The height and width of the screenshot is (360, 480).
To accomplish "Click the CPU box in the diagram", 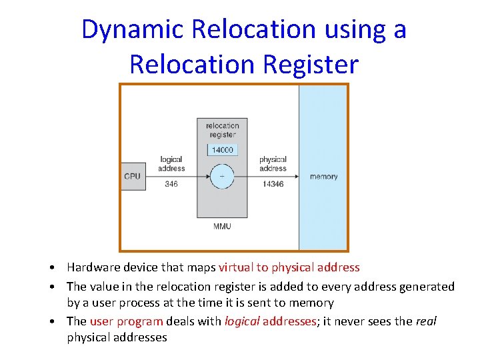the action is pos(133,177).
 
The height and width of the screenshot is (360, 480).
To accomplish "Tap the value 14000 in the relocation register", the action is pos(222,150).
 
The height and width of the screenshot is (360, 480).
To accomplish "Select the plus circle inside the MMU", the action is pos(222,177).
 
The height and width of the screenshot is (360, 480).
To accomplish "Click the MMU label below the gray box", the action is pos(222,227).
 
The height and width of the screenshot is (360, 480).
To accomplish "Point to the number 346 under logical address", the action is pos(171,184).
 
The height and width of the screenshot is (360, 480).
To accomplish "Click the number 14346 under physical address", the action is pos(273,184).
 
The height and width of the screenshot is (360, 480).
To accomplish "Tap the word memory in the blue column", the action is pos(323,177).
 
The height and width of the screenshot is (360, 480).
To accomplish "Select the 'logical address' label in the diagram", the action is pos(171,164).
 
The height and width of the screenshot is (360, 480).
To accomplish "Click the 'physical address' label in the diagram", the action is pos(273,164).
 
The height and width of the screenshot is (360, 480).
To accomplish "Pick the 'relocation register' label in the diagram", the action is pos(222,130).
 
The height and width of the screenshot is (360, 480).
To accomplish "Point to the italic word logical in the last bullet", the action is pos(242,321).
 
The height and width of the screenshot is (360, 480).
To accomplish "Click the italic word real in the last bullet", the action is pos(426,321).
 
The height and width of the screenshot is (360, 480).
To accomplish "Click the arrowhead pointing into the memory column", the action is pos(295,177).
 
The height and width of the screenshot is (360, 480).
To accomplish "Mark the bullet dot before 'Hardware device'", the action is pos(51,268).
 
